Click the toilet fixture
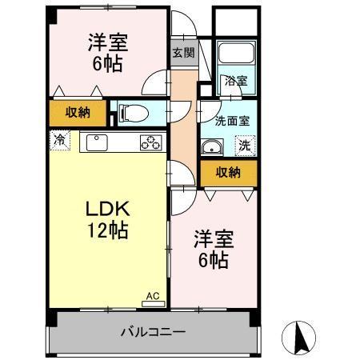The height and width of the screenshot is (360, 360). point(133,113)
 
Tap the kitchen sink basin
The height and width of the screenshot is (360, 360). point(97,142)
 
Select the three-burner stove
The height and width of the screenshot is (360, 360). point(151,142)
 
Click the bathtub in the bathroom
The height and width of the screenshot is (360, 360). point(236,53)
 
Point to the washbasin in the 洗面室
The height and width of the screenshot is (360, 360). point(212,147)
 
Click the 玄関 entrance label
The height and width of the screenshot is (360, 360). point(184,53)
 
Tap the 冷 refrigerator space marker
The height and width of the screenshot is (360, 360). point(60,140)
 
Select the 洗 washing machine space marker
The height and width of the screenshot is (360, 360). point(245,146)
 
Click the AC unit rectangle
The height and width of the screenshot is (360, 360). point(154,304)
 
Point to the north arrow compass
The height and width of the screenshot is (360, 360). point(298,338)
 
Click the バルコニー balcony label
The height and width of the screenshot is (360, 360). point(153,332)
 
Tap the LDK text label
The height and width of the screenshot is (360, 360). point(108,209)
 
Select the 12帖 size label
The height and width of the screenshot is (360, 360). point(108,230)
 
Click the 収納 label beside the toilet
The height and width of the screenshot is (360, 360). point(78,113)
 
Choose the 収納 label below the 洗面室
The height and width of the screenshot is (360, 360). point(228,173)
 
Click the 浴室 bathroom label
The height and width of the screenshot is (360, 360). point(236,81)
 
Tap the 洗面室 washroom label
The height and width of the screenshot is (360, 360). point(233,122)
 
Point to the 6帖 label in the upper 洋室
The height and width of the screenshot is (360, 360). point(108,64)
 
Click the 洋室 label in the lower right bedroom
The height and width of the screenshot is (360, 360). point(214,238)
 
